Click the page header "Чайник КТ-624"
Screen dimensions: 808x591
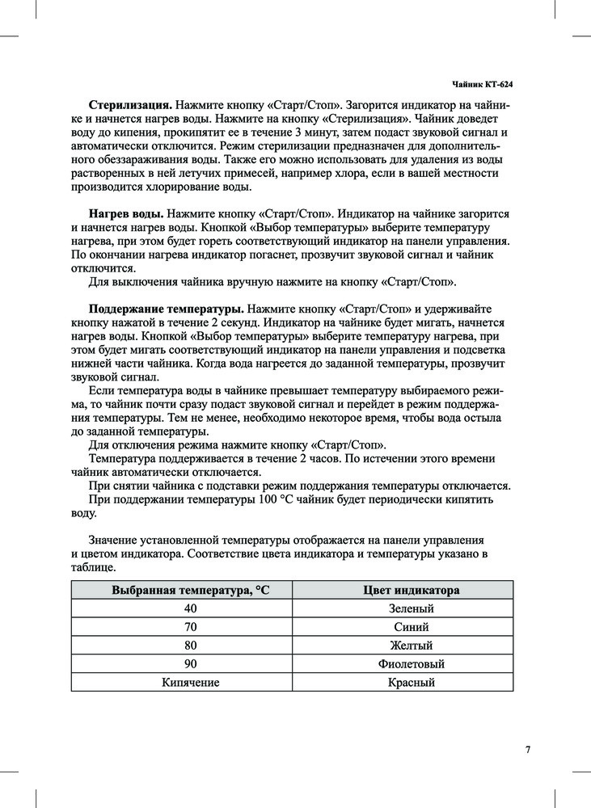tap(481, 84)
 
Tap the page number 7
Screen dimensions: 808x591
tap(527, 749)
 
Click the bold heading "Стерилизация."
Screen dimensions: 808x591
tap(130, 105)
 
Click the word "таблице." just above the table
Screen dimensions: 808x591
tap(94, 568)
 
